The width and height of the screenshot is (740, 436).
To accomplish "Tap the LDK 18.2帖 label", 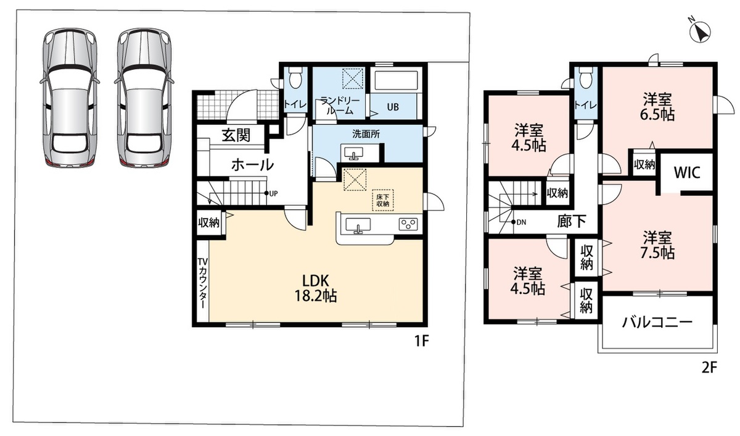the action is pos(316,288).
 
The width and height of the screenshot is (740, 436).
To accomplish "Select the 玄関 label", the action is pos(236,135).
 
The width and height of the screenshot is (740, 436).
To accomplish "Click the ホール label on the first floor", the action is pos(252,164).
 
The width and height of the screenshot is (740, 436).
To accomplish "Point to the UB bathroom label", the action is pos(393,107).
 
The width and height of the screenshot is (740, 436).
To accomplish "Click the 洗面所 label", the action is pos(366,134).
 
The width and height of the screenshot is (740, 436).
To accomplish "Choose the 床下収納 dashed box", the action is pos(382,200).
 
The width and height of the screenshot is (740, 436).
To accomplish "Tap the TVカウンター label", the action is pos(202,283).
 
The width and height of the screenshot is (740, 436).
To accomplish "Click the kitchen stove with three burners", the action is pos(408,224).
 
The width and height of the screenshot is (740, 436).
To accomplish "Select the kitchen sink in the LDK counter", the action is pos(358,225).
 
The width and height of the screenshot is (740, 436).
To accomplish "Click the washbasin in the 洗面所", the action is pos(353,154).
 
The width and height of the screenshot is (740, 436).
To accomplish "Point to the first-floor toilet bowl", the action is pos(295,78).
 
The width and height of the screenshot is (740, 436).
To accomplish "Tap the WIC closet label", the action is pos(687,172).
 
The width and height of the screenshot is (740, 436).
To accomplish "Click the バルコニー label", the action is pos(657,322).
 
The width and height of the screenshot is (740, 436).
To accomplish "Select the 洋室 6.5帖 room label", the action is pos(657,107).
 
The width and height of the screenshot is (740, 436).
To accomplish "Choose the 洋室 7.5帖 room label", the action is pos(657,245).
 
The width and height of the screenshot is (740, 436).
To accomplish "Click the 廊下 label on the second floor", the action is pos(572,221).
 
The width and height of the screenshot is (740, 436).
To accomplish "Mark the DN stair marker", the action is pos(519,222).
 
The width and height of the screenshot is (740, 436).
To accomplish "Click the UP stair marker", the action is pos(271,193).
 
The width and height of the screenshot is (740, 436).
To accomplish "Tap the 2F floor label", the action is pos(709,367).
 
